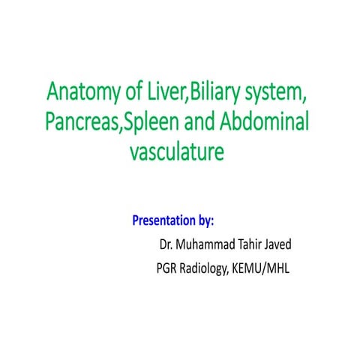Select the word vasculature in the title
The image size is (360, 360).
click(x=177, y=152)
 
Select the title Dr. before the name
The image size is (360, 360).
click(x=166, y=245)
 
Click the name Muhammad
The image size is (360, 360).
click(x=208, y=245)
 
